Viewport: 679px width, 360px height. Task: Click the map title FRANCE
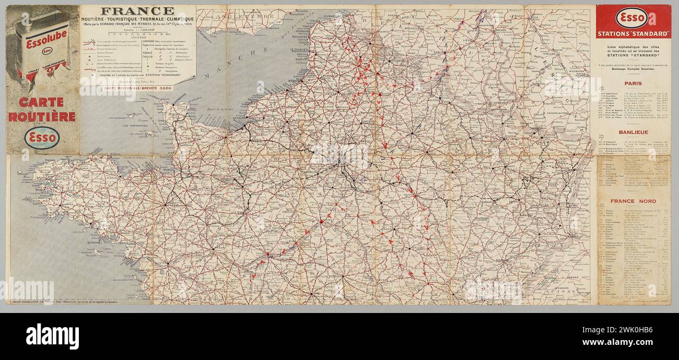137,11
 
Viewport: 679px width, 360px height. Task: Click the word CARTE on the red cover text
41,102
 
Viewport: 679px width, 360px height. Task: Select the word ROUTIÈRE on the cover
42,117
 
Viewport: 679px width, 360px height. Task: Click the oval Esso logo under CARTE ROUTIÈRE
42,138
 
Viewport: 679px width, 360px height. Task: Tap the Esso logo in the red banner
631,18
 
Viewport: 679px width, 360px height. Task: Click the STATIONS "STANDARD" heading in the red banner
633,34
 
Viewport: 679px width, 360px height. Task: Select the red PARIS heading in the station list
633,83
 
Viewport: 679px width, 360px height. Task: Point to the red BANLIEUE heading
633,132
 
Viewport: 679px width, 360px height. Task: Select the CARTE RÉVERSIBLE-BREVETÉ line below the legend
138,88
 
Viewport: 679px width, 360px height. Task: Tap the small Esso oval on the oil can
47,51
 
